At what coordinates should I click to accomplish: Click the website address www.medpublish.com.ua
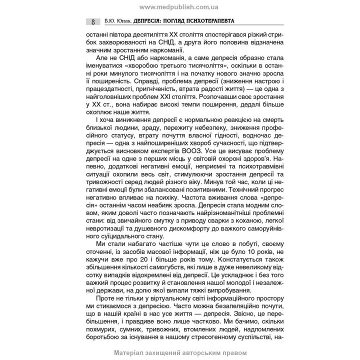pyautogui.click(x=180, y=7)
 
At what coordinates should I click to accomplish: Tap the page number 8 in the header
pyautogui.click(x=93, y=22)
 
